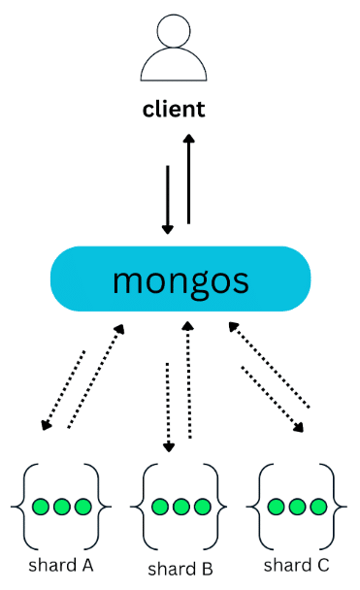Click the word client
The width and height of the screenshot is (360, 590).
coord(174,110)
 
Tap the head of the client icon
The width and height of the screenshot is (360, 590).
coord(174,31)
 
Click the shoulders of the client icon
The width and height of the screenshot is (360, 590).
coord(174,64)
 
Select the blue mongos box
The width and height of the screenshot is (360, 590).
coord(180,279)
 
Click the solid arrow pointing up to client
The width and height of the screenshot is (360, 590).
coord(188,180)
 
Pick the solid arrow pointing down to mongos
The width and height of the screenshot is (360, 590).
coord(168,200)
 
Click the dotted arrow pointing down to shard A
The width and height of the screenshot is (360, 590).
coord(63,390)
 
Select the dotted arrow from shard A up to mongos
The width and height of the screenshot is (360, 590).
coord(96,377)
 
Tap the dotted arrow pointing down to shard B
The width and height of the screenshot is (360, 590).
coord(168,408)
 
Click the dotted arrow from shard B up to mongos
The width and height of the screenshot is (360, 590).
coord(188,379)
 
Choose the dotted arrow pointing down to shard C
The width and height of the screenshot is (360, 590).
coord(273,399)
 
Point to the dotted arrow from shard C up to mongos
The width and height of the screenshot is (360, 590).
coord(269,365)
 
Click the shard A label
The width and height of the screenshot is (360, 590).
coord(61,565)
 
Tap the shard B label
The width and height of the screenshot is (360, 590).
coord(180,569)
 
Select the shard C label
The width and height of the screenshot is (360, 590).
coord(296,565)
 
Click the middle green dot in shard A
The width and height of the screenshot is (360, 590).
coord(62,507)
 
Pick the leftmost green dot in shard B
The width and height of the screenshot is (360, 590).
coord(160,507)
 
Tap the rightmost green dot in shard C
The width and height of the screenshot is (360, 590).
coord(318,507)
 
